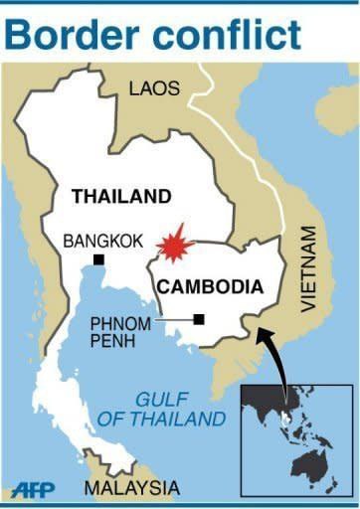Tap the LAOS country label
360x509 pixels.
point(154,88)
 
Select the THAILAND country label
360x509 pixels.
point(120,197)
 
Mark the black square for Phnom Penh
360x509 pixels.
point(200,319)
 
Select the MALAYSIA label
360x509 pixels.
point(131,488)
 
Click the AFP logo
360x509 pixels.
point(33,489)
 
